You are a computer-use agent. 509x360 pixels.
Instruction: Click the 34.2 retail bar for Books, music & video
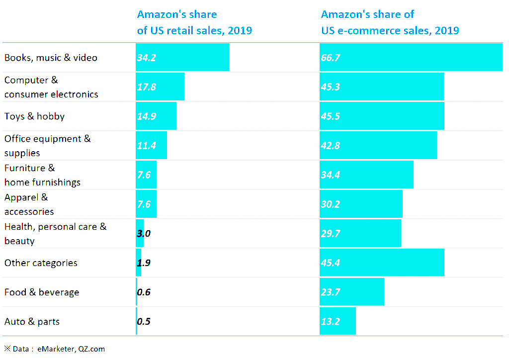[182, 57]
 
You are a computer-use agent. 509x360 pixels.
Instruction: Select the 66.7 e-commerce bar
[411, 57]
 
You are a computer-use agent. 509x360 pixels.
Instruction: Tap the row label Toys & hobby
[34, 116]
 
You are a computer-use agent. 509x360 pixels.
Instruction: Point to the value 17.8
[147, 87]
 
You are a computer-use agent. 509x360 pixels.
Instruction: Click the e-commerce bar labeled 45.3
[382, 87]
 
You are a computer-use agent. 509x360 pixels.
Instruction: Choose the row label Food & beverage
[42, 292]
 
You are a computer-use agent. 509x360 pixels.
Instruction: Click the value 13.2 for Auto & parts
[331, 322]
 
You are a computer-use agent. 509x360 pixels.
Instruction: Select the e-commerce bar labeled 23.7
[352, 292]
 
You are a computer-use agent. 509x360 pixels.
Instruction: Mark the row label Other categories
[41, 263]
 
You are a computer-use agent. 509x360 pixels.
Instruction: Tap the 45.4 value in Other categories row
[331, 263]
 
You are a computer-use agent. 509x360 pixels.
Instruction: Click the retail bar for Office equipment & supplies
[152, 146]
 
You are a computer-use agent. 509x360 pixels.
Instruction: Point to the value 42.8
[331, 146]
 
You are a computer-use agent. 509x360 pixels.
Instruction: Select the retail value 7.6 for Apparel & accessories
[144, 204]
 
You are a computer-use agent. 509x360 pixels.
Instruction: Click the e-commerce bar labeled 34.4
[366, 175]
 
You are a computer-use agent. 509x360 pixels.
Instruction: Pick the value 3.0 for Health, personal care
[144, 234]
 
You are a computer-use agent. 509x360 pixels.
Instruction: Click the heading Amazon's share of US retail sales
[194, 22]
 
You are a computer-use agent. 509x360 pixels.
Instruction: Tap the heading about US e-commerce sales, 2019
[390, 22]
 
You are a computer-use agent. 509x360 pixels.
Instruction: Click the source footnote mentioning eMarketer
[55, 349]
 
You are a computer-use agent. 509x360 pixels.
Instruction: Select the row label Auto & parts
[32, 322]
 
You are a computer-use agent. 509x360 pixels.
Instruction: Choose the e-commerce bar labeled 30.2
[361, 204]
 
